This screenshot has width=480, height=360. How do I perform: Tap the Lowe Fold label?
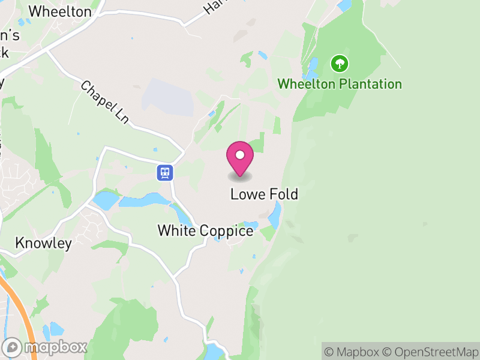(x=264, y=194)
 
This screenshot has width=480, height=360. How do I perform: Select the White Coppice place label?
(x=205, y=230)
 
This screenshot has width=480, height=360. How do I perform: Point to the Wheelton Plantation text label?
(x=339, y=83)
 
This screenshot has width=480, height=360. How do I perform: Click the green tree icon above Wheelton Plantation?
(x=340, y=63)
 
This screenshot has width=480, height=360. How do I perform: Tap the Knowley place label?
(x=43, y=243)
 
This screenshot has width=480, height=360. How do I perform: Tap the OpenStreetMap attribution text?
(x=433, y=352)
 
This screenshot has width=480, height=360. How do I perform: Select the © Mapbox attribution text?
(x=352, y=352)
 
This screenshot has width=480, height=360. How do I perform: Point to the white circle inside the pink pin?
(x=240, y=155)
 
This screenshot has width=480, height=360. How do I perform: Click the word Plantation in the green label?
(x=370, y=83)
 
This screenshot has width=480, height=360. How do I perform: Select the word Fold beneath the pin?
(x=284, y=194)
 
